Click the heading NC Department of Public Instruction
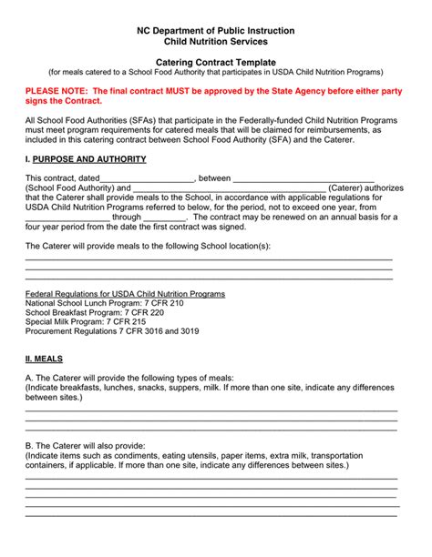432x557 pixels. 216,30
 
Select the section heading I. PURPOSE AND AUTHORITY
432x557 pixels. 86,159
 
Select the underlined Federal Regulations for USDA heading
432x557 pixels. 125,295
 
